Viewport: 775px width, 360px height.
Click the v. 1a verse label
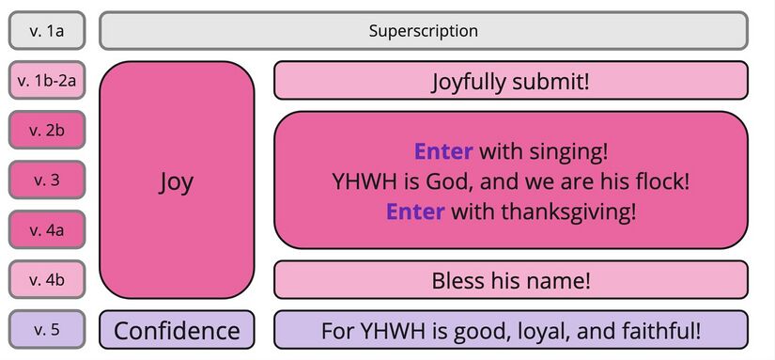47,31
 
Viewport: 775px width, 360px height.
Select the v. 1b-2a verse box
47,81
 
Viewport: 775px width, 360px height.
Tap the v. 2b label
47,131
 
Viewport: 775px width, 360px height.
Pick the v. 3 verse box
47,180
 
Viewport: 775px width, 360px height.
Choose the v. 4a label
47,229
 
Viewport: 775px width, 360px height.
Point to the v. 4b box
47,279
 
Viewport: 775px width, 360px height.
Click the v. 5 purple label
47,329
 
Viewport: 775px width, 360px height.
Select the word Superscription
423,31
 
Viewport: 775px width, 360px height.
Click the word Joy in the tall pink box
176,180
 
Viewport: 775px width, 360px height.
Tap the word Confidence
177,331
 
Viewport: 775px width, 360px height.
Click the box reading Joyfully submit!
510,81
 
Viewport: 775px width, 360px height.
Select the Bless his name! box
510,280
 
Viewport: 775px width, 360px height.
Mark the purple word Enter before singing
443,150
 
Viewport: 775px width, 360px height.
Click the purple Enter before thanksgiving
414,211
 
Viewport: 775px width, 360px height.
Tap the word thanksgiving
569,211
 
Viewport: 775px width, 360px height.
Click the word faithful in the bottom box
659,331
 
